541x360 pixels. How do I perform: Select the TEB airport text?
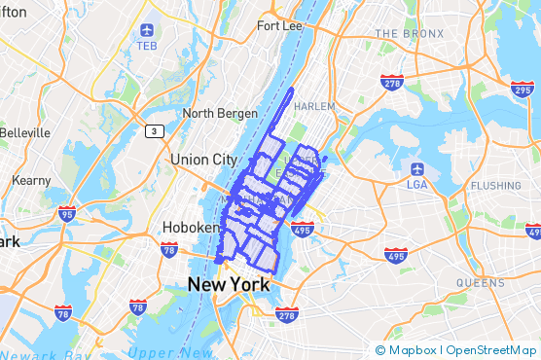coord(147,46)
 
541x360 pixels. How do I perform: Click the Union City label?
coord(202,159)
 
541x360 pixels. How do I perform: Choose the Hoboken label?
coord(182,230)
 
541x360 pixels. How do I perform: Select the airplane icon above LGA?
coord(416,167)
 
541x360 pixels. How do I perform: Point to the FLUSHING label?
coord(495,185)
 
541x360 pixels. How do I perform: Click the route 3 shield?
coord(154,130)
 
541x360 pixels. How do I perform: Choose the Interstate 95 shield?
coord(67,214)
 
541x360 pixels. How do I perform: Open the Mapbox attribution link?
coord(412,349)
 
